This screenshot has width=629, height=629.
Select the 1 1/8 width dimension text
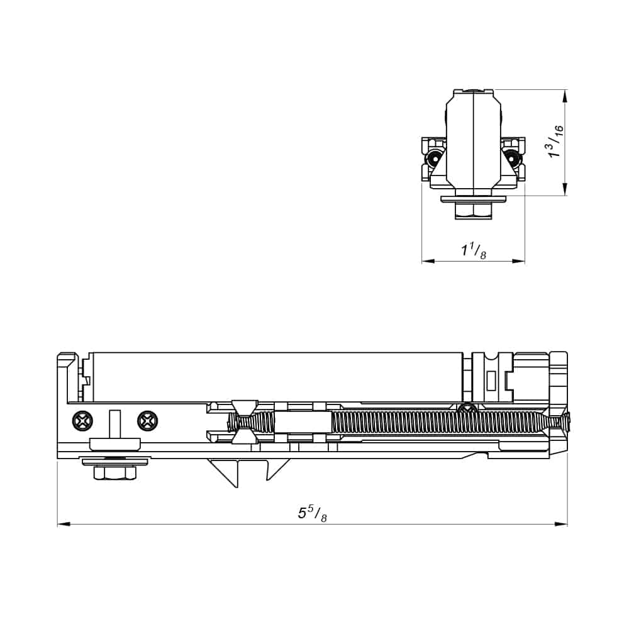[473, 251]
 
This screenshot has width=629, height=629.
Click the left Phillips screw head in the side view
[82, 420]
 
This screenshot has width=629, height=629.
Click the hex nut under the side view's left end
[115, 472]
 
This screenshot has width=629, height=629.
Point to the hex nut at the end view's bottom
[473, 211]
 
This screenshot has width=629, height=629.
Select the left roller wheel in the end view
[433, 157]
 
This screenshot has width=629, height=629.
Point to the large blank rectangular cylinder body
[277, 376]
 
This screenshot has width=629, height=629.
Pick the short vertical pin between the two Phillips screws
[114, 424]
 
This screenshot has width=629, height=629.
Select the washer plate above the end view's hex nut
[473, 199]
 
